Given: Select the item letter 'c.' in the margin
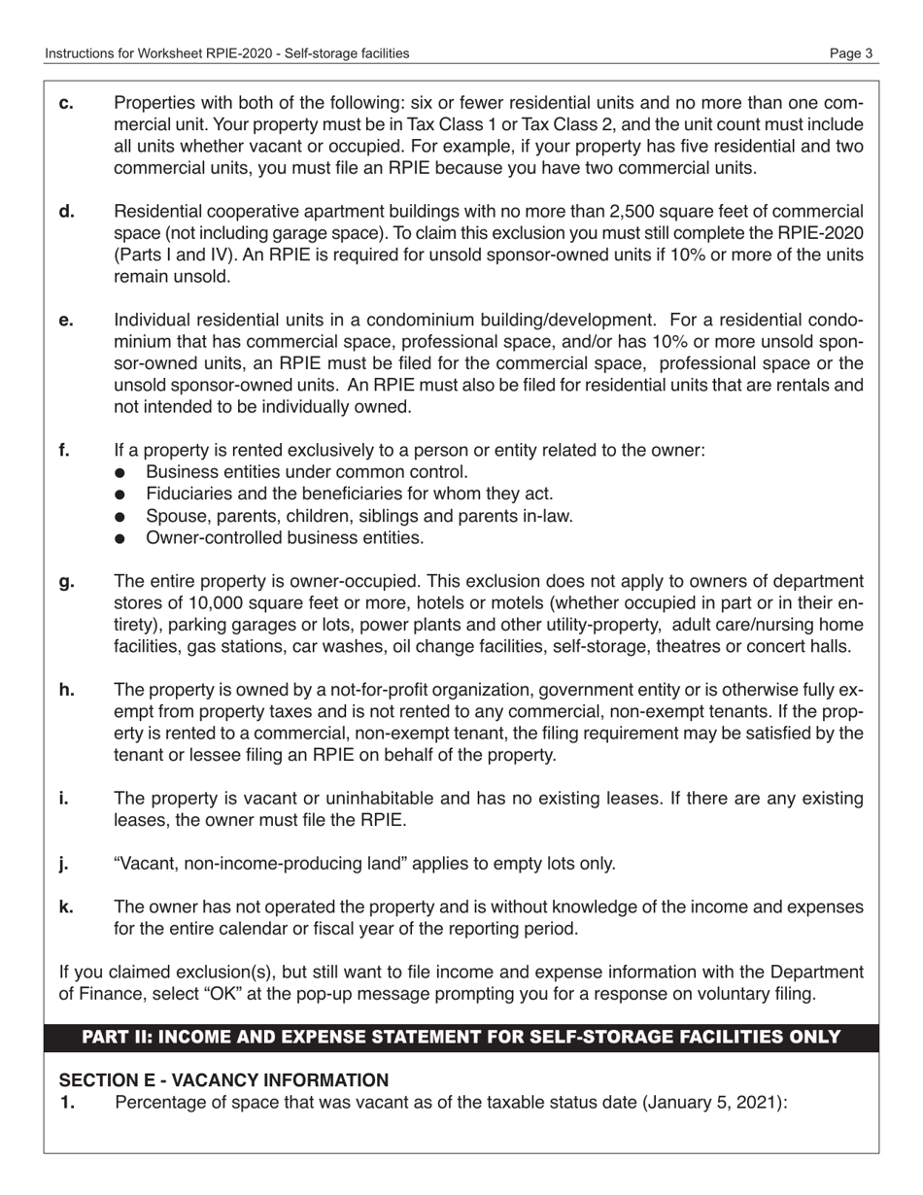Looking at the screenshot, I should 66,103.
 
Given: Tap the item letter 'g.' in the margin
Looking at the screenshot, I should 66,582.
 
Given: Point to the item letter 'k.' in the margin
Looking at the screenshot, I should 66,906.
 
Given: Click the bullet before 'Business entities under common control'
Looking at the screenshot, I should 120,473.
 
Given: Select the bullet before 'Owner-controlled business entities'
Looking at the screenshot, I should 120,538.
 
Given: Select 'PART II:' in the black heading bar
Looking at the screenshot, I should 116,1038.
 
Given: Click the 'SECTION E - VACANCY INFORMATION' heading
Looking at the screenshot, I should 224,1080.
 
